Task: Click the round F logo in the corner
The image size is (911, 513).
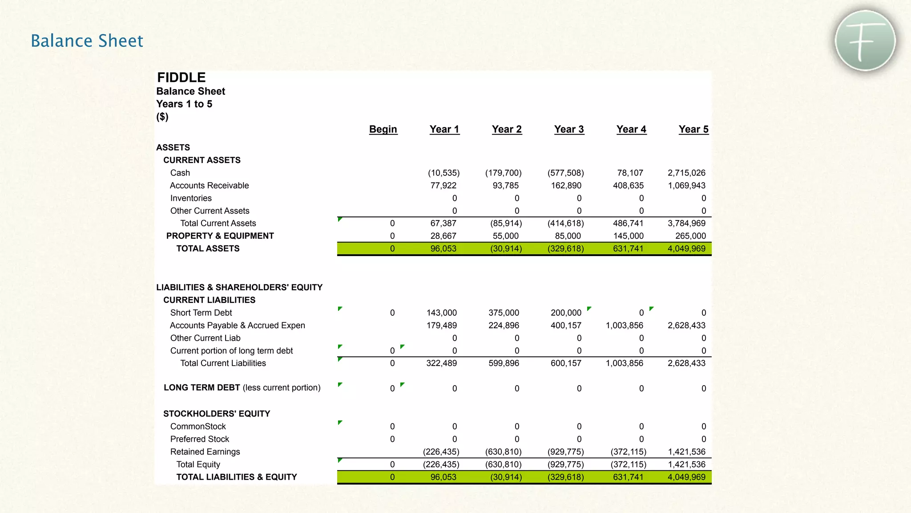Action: click(865, 41)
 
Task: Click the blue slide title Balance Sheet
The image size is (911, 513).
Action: click(87, 41)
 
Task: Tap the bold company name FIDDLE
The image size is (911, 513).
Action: click(181, 77)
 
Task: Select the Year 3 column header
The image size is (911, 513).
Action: click(569, 129)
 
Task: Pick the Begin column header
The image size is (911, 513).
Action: click(383, 129)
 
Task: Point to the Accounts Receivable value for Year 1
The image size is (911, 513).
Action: click(443, 185)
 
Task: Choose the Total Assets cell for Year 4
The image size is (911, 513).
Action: click(628, 248)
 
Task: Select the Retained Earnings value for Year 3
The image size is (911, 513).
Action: click(565, 452)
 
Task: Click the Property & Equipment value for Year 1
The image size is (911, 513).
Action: click(443, 236)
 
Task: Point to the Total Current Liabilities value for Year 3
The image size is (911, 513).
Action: click(566, 363)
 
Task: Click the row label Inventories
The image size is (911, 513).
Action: click(191, 198)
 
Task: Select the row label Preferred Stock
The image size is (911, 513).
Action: click(200, 439)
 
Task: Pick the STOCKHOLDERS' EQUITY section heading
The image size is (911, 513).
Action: click(217, 414)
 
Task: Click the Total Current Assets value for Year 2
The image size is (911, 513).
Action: click(506, 223)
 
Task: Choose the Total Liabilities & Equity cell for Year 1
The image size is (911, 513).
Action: click(443, 477)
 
